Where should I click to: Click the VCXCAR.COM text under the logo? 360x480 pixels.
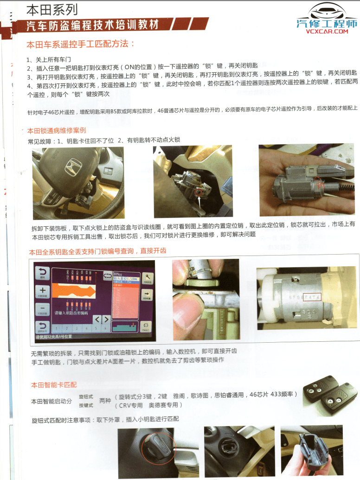coord(327,32)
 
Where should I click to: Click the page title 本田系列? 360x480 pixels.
coord(52,9)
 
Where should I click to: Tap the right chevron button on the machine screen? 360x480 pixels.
coord(106,320)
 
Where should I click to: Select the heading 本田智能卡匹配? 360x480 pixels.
coord(54,385)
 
